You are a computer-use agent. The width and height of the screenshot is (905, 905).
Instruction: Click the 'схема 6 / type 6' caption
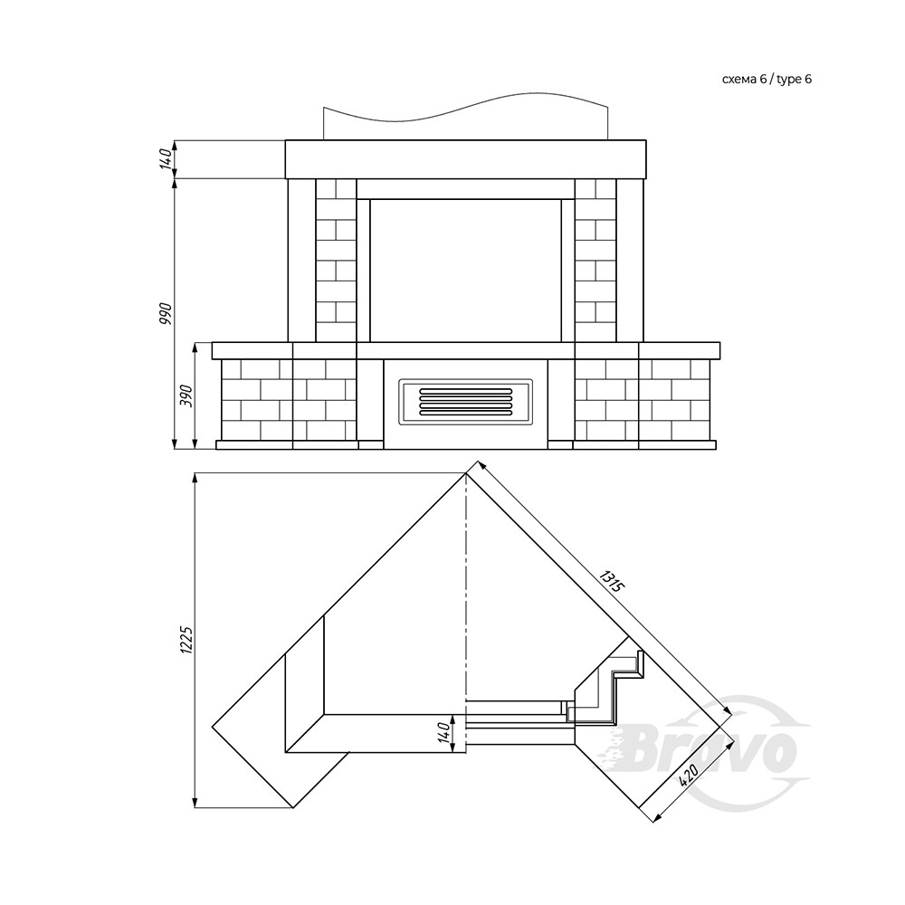[767, 80]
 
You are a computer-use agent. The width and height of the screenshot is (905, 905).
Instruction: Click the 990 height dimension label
[166, 312]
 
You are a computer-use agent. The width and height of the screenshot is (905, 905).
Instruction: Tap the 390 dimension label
[187, 395]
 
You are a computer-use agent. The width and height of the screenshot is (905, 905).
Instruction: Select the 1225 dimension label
[186, 640]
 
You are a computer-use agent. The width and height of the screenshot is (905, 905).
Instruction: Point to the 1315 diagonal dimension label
[611, 581]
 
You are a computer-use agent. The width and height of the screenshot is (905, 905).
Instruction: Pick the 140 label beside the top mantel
[166, 158]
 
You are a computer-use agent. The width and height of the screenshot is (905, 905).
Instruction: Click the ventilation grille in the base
[465, 402]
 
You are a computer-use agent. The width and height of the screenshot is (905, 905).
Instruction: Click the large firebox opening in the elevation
[465, 271]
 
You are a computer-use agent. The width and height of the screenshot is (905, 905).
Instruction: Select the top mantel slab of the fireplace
[466, 159]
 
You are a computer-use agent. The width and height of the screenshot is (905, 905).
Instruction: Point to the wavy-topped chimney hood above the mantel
[465, 117]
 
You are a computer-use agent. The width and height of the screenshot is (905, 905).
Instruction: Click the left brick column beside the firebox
[336, 261]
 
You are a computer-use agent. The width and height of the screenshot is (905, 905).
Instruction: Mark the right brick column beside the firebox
[595, 261]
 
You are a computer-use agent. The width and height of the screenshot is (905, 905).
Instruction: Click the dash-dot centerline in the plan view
[465, 613]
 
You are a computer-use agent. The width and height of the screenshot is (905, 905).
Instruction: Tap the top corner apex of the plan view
[466, 473]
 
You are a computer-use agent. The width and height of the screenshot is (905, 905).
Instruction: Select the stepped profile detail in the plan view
[606, 686]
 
